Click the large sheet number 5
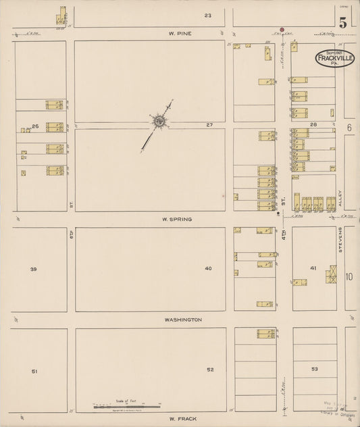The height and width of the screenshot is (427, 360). (344, 22)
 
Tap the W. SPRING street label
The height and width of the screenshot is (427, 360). (177, 220)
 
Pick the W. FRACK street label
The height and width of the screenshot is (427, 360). (182, 420)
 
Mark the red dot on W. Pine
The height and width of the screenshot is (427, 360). (282, 30)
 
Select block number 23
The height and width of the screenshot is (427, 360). (208, 15)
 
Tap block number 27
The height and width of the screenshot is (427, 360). (209, 126)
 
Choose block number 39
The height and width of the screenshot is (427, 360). (33, 269)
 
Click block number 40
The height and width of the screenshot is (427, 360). (208, 269)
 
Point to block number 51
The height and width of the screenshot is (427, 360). (34, 371)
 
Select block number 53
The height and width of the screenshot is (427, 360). (314, 370)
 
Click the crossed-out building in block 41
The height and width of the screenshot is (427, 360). (331, 275)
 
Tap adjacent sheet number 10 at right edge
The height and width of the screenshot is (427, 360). (349, 276)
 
